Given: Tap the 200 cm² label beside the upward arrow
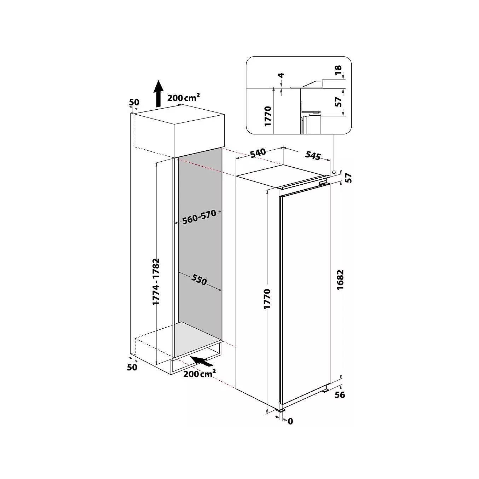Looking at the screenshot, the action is click(184, 97).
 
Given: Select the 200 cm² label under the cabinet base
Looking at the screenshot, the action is click(200, 374).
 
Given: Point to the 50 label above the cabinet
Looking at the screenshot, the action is click(134, 102).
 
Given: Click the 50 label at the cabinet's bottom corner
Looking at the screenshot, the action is click(132, 367).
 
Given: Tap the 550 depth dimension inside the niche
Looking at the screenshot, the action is click(199, 280).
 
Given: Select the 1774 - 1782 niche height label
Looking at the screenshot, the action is click(156, 282).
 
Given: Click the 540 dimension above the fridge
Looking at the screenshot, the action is click(258, 152).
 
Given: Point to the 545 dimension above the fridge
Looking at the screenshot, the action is click(313, 156).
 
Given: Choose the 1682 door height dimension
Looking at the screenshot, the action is click(340, 279).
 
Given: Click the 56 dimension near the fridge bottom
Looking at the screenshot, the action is click(340, 394).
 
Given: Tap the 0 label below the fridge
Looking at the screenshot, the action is click(290, 421).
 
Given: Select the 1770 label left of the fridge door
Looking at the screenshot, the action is click(267, 299).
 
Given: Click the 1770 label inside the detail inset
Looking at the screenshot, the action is click(268, 116).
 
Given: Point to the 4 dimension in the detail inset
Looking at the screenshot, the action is click(281, 75).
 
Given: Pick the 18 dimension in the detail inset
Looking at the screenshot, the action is click(338, 70).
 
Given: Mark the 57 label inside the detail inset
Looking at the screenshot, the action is click(339, 102).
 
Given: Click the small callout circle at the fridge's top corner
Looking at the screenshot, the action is click(334, 172).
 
